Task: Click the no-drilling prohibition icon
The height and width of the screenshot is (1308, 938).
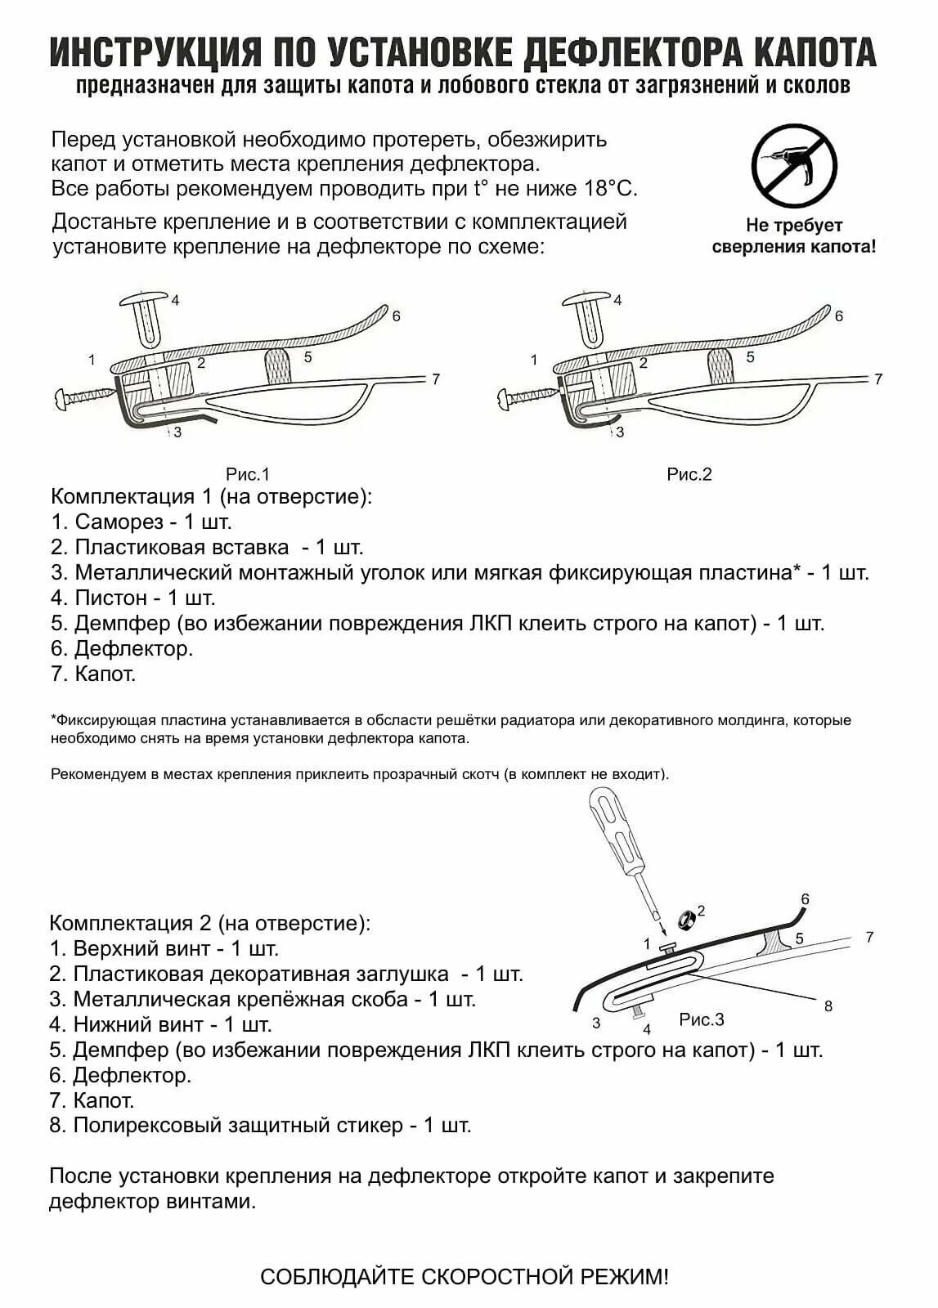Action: click(x=794, y=167)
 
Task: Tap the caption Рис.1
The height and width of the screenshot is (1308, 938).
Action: click(x=248, y=474)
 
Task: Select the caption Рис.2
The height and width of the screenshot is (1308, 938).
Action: click(x=689, y=474)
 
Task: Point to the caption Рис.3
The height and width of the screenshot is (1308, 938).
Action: click(x=702, y=1019)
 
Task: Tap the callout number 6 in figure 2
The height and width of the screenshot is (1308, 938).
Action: click(x=838, y=316)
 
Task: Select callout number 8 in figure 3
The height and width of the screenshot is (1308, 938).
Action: click(x=828, y=1006)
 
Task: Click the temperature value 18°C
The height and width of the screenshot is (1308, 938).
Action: click(x=610, y=189)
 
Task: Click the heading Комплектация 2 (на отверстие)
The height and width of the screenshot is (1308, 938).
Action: click(x=210, y=923)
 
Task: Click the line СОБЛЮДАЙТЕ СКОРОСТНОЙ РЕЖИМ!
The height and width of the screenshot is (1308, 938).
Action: click(x=464, y=1276)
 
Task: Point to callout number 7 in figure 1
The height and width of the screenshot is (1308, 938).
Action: click(x=436, y=379)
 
